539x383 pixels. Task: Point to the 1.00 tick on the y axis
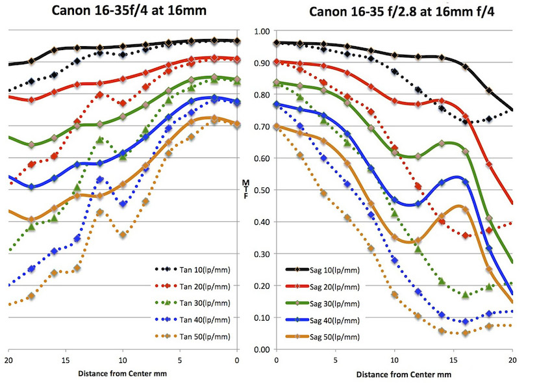pos(261,31)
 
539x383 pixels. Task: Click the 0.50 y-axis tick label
pos(261,191)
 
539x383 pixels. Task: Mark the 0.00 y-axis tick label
pos(261,350)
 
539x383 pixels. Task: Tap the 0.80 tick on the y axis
pos(261,95)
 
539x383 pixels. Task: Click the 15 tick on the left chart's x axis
pos(66,360)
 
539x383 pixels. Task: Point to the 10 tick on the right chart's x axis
pos(394,360)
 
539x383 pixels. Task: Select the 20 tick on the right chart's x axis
pos(512,360)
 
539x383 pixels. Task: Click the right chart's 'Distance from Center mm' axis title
pos(395,375)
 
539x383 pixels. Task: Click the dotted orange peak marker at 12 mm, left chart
pos(100,212)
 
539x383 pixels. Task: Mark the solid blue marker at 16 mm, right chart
pos(466,182)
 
